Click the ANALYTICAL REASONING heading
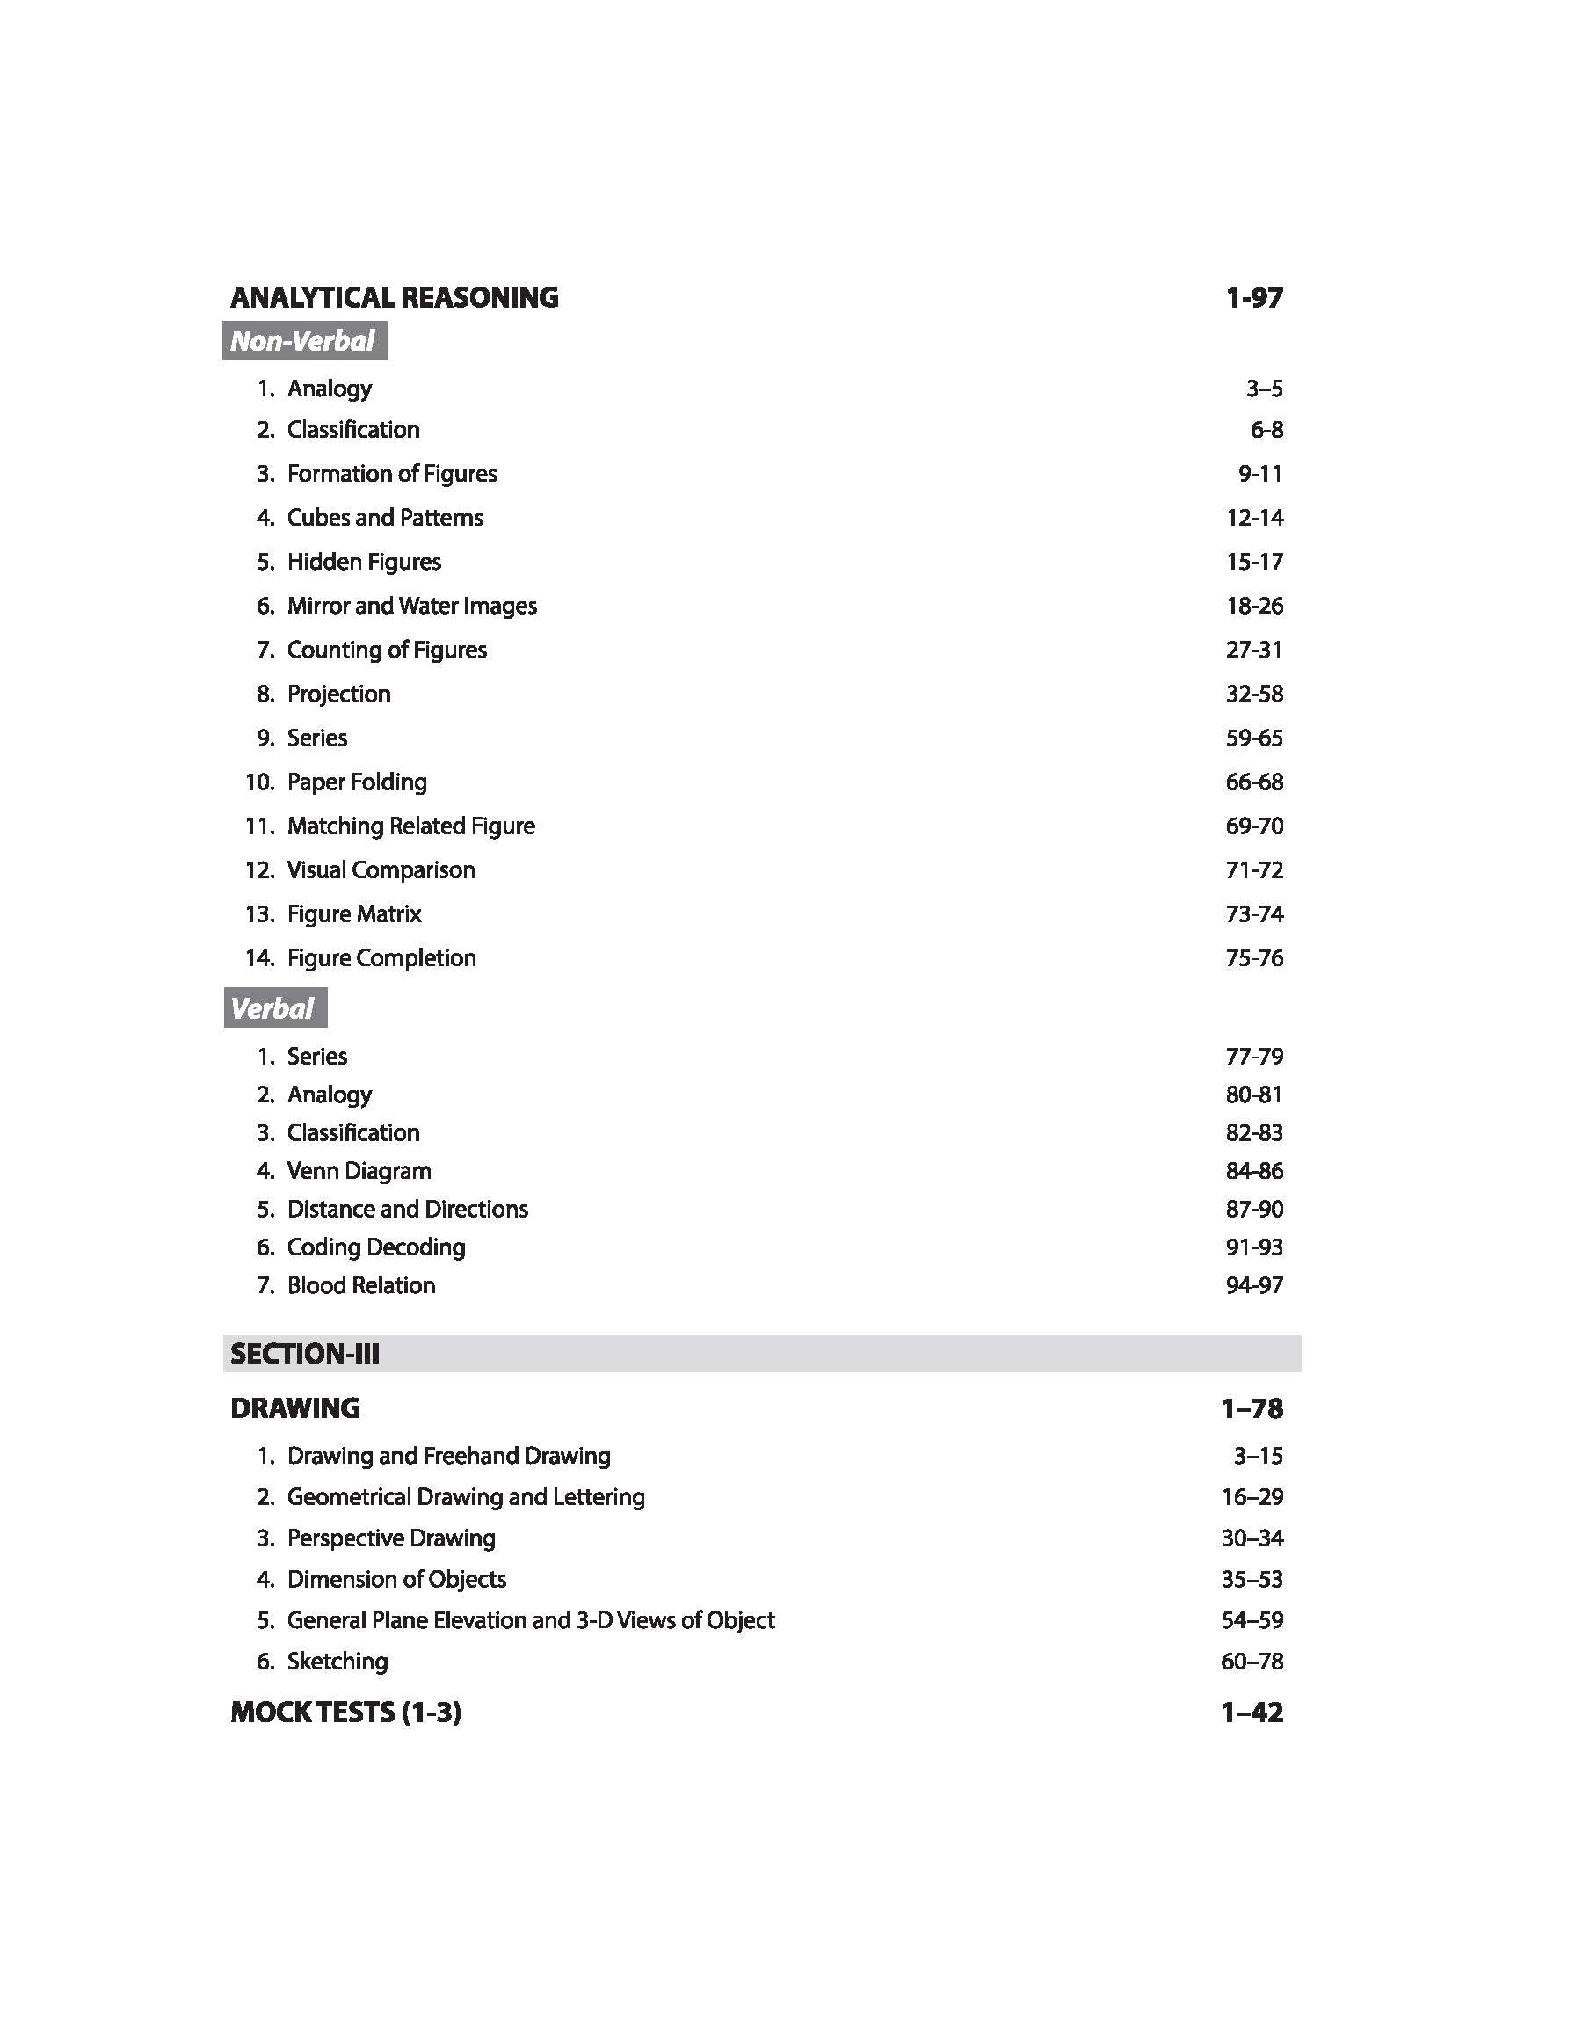pos(394,297)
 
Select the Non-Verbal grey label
pos(304,341)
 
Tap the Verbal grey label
pos(274,1007)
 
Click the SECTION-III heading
pos(305,1354)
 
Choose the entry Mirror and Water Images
pos(411,606)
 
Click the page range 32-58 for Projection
pos(1253,694)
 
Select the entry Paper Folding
pos(357,782)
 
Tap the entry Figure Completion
pos(381,957)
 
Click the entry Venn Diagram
pos(359,1171)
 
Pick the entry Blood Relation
pos(360,1284)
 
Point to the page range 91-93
pos(1253,1247)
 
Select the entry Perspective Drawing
pos(391,1538)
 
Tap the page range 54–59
pos(1252,1620)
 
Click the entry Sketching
pos(337,1661)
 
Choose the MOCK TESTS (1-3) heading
pos(345,1712)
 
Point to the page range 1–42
pos(1252,1712)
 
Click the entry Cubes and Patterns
pos(384,517)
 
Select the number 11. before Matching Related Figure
pos(259,826)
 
